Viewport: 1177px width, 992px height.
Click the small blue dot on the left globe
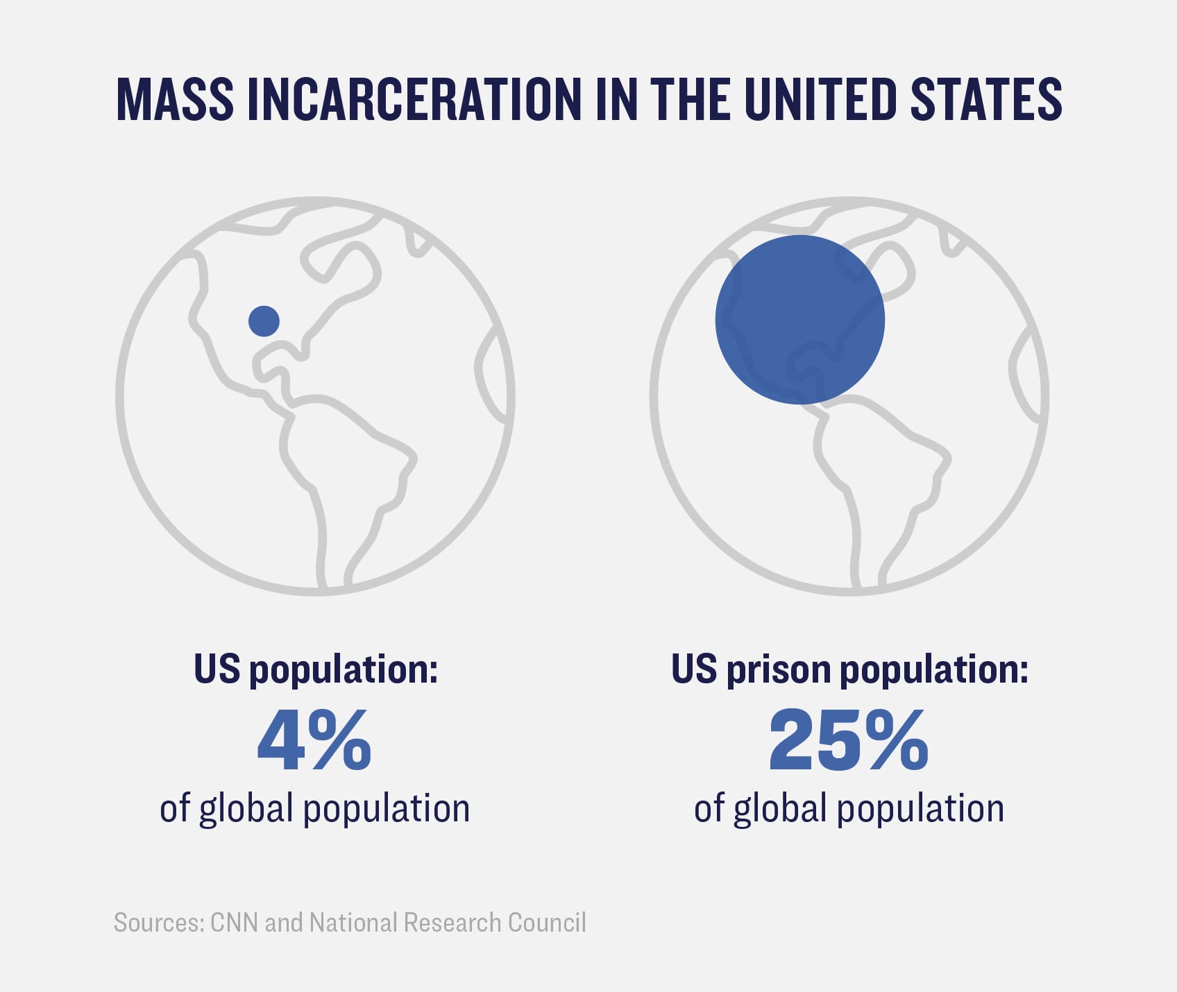(x=264, y=320)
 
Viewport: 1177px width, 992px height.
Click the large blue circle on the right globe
(x=799, y=319)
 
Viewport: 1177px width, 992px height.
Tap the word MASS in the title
(x=175, y=99)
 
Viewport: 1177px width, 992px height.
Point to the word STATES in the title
(x=985, y=99)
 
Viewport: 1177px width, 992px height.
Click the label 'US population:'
(x=316, y=669)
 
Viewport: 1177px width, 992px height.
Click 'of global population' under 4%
(x=314, y=809)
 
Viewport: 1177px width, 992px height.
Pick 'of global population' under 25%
(x=849, y=809)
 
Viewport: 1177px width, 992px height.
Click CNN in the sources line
(x=235, y=923)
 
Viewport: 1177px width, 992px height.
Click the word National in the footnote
(x=353, y=923)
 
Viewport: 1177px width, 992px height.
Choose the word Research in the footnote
(x=452, y=923)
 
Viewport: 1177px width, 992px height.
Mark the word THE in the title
(x=691, y=99)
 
